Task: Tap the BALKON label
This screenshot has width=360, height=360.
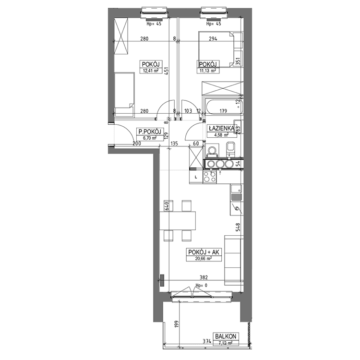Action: pyautogui.click(x=226, y=336)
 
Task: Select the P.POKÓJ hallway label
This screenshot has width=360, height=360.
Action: pyautogui.click(x=150, y=132)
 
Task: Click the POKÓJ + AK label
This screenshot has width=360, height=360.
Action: pyautogui.click(x=204, y=252)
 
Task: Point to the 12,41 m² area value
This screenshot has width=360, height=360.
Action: pyautogui.click(x=151, y=71)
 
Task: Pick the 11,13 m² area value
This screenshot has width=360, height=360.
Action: pyautogui.click(x=208, y=71)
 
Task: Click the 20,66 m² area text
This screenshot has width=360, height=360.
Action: pyautogui.click(x=204, y=259)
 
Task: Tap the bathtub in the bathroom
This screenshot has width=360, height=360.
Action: pyautogui.click(x=224, y=107)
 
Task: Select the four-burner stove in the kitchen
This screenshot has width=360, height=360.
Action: pyautogui.click(x=210, y=177)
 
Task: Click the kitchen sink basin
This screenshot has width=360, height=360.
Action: pyautogui.click(x=236, y=189)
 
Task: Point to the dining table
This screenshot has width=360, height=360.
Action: pyautogui.click(x=178, y=221)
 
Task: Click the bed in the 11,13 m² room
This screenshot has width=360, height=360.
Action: pyautogui.click(x=220, y=49)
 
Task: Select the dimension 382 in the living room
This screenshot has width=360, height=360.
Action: pyautogui.click(x=204, y=277)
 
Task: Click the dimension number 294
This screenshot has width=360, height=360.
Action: pyautogui.click(x=213, y=38)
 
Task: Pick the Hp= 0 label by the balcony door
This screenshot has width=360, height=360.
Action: pyautogui.click(x=201, y=286)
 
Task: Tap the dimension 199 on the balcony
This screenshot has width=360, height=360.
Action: pyautogui.click(x=176, y=324)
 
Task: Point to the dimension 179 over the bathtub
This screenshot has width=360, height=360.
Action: pyautogui.click(x=223, y=111)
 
